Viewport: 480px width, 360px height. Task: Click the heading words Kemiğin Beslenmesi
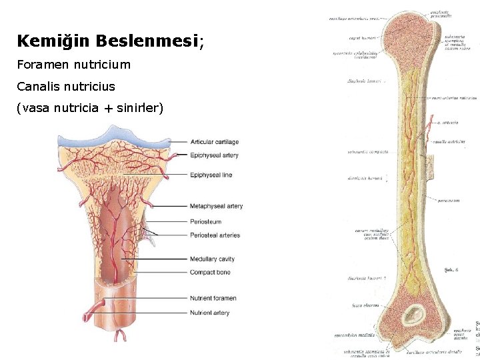(107, 41)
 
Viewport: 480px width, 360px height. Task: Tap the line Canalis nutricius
(66, 87)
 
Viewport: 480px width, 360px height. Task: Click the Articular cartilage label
(215, 142)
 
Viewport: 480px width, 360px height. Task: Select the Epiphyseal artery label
(214, 155)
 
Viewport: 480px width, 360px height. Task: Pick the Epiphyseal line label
(211, 175)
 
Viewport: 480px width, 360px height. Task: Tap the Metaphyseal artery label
(216, 206)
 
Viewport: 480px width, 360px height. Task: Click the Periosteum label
(205, 222)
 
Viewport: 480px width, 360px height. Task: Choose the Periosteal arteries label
(215, 235)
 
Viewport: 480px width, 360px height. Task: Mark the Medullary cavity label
(212, 259)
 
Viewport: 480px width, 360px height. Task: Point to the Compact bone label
(210, 272)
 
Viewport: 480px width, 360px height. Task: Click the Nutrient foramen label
(213, 298)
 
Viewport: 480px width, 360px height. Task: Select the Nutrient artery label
(210, 313)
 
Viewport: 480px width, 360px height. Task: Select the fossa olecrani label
(365, 305)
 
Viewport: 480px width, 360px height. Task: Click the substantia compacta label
(367, 152)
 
